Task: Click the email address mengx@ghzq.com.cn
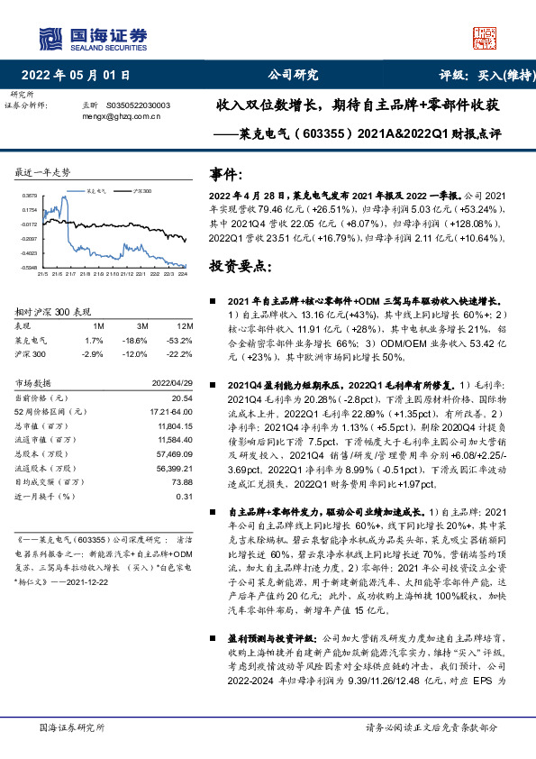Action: coord(121,115)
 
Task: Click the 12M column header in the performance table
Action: coord(185,325)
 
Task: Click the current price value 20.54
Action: coord(183,398)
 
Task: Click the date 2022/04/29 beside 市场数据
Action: coord(171,382)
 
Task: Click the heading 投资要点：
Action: coord(241,267)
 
